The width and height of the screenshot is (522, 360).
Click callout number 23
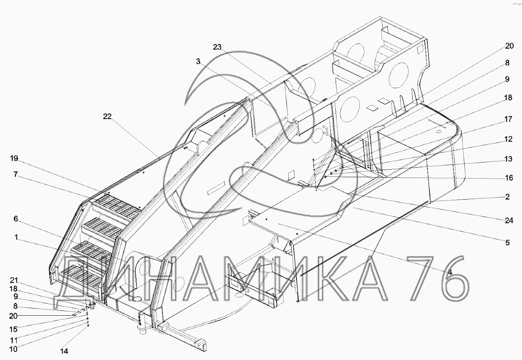pyautogui.click(x=217, y=47)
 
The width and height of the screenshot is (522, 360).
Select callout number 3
pyautogui.click(x=198, y=61)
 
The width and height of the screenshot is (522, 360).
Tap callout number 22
pyautogui.click(x=107, y=116)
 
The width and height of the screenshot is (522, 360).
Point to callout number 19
pyautogui.click(x=14, y=158)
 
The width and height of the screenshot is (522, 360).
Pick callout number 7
pyautogui.click(x=16, y=174)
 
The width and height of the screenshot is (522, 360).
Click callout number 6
pyautogui.click(x=16, y=219)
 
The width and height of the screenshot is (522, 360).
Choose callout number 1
pyautogui.click(x=16, y=237)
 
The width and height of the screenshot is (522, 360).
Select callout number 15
pyautogui.click(x=13, y=329)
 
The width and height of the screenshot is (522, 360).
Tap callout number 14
pyautogui.click(x=64, y=351)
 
